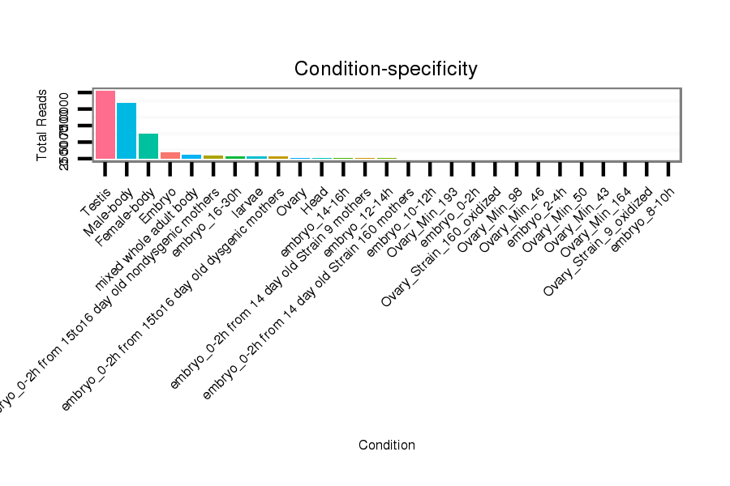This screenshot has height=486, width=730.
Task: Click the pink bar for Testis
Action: click(105, 125)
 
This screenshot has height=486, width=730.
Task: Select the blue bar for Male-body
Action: click(127, 130)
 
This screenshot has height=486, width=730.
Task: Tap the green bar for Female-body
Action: click(148, 146)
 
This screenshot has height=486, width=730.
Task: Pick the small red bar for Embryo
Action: click(170, 155)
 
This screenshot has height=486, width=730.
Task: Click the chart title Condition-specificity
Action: click(385, 69)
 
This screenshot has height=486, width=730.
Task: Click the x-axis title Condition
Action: click(387, 445)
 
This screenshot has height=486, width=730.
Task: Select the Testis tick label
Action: click(96, 202)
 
